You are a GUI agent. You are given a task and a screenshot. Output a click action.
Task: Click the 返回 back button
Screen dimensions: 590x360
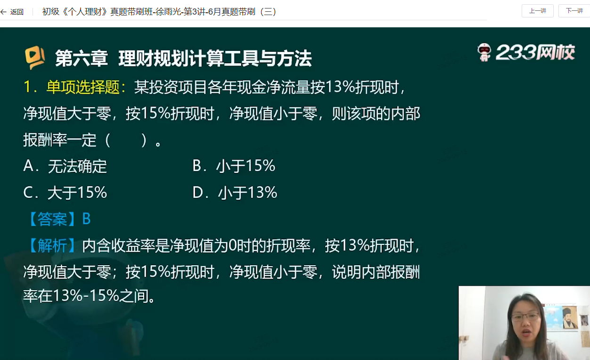click(12, 12)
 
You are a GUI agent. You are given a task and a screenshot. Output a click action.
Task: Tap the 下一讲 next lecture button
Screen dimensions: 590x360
click(574, 11)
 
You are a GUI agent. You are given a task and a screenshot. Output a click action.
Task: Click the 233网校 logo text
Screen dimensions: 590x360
click(535, 52)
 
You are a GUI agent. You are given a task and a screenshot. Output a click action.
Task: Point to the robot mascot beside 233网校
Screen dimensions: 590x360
click(484, 52)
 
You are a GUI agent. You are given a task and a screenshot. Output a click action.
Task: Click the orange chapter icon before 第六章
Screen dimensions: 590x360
click(34, 57)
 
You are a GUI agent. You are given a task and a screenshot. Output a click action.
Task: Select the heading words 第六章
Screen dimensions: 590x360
click(82, 58)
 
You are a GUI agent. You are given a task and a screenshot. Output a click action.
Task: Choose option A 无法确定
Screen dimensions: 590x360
click(65, 166)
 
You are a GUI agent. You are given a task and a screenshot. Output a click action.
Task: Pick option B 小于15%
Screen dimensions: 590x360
click(234, 166)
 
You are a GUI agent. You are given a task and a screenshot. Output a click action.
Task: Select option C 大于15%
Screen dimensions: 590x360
click(65, 193)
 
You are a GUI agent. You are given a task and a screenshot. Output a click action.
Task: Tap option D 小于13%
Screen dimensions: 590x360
click(235, 193)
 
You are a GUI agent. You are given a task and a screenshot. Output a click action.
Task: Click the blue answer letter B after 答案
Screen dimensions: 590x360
click(86, 219)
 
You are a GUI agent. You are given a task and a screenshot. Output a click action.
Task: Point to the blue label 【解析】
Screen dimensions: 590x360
click(52, 245)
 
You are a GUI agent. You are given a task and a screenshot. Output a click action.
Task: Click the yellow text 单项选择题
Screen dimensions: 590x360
click(83, 87)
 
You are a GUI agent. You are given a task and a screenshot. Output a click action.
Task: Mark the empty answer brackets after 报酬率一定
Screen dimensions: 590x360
click(126, 140)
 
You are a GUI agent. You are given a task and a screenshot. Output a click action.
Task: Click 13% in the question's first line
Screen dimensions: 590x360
click(340, 87)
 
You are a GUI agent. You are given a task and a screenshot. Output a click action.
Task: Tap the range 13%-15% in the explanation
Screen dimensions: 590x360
click(86, 295)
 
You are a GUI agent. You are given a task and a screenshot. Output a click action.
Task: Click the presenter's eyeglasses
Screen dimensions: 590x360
click(524, 317)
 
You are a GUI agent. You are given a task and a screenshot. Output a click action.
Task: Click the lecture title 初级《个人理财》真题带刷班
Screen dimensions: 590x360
click(97, 12)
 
